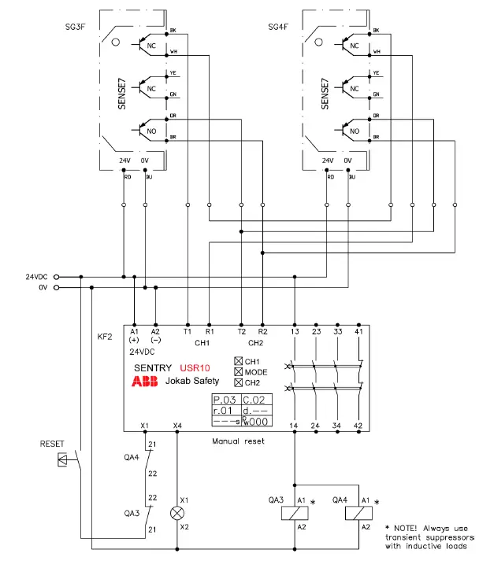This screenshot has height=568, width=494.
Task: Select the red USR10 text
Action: point(195,367)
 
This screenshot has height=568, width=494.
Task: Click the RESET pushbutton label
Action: point(52,444)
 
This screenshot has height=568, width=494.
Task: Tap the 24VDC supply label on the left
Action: point(37,277)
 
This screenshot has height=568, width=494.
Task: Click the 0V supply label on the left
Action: point(43,288)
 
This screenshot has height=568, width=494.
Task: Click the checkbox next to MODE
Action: point(239,372)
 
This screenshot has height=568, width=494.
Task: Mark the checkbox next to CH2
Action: point(239,382)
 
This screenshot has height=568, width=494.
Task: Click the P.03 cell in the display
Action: point(225,400)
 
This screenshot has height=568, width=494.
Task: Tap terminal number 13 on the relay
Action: point(294,333)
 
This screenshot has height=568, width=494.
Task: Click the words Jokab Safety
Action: point(192,382)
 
